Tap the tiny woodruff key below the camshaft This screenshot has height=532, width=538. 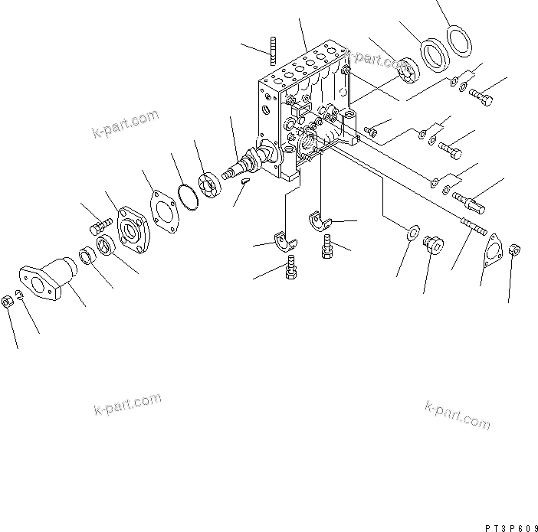[x=244, y=181]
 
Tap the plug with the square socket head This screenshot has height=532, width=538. [x=435, y=245]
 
